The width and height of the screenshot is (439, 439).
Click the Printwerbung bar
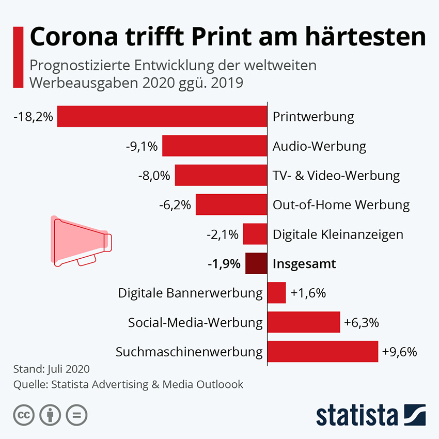(x=162, y=116)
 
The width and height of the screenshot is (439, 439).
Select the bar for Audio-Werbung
(x=214, y=146)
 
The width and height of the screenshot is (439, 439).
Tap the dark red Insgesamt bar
(x=256, y=264)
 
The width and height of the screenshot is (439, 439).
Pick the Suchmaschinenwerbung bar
(x=323, y=352)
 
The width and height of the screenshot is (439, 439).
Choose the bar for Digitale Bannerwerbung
(x=276, y=293)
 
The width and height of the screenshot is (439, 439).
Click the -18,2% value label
(x=34, y=117)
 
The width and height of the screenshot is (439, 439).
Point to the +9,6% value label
(x=400, y=352)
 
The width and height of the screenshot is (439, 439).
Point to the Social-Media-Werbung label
(x=195, y=323)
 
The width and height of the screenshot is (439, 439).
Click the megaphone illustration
(x=81, y=241)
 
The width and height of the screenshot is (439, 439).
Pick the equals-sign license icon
(x=76, y=414)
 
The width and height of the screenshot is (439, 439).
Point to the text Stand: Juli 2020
(x=51, y=369)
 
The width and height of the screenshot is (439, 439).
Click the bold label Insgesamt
(x=304, y=264)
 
